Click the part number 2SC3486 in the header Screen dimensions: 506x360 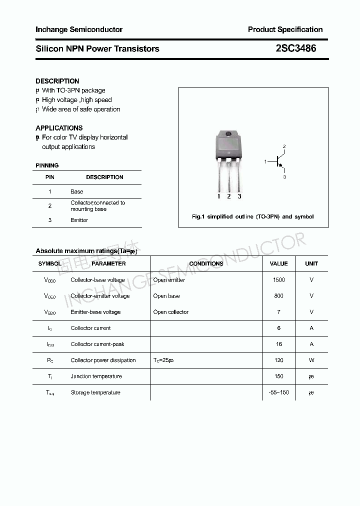pyautogui.click(x=296, y=48)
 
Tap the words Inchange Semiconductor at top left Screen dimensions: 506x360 pyautogui.click(x=79, y=29)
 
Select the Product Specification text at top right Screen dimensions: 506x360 pyautogui.click(x=285, y=29)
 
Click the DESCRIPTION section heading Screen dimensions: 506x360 pyautogui.click(x=57, y=81)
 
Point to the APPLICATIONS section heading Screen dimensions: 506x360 pyautogui.click(x=59, y=128)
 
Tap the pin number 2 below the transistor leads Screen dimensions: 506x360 pyautogui.click(x=229, y=196)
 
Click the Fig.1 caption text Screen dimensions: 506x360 pyautogui.click(x=253, y=216)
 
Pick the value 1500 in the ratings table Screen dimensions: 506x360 pyautogui.click(x=278, y=280)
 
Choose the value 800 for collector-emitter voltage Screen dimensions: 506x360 pyautogui.click(x=278, y=296)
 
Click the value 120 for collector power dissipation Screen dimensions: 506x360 pyautogui.click(x=278, y=360)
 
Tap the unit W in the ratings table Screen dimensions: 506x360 pyautogui.click(x=311, y=360)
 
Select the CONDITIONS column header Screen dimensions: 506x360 pyautogui.click(x=206, y=263)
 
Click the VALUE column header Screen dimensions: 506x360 pyautogui.click(x=278, y=263)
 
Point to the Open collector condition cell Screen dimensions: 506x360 pyautogui.click(x=171, y=312)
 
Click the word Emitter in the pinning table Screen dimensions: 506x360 pyautogui.click(x=79, y=220)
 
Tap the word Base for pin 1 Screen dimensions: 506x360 pyautogui.click(x=77, y=191)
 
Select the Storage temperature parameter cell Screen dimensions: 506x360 pyautogui.click(x=95, y=392)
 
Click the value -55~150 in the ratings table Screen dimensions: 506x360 pyautogui.click(x=278, y=392)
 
